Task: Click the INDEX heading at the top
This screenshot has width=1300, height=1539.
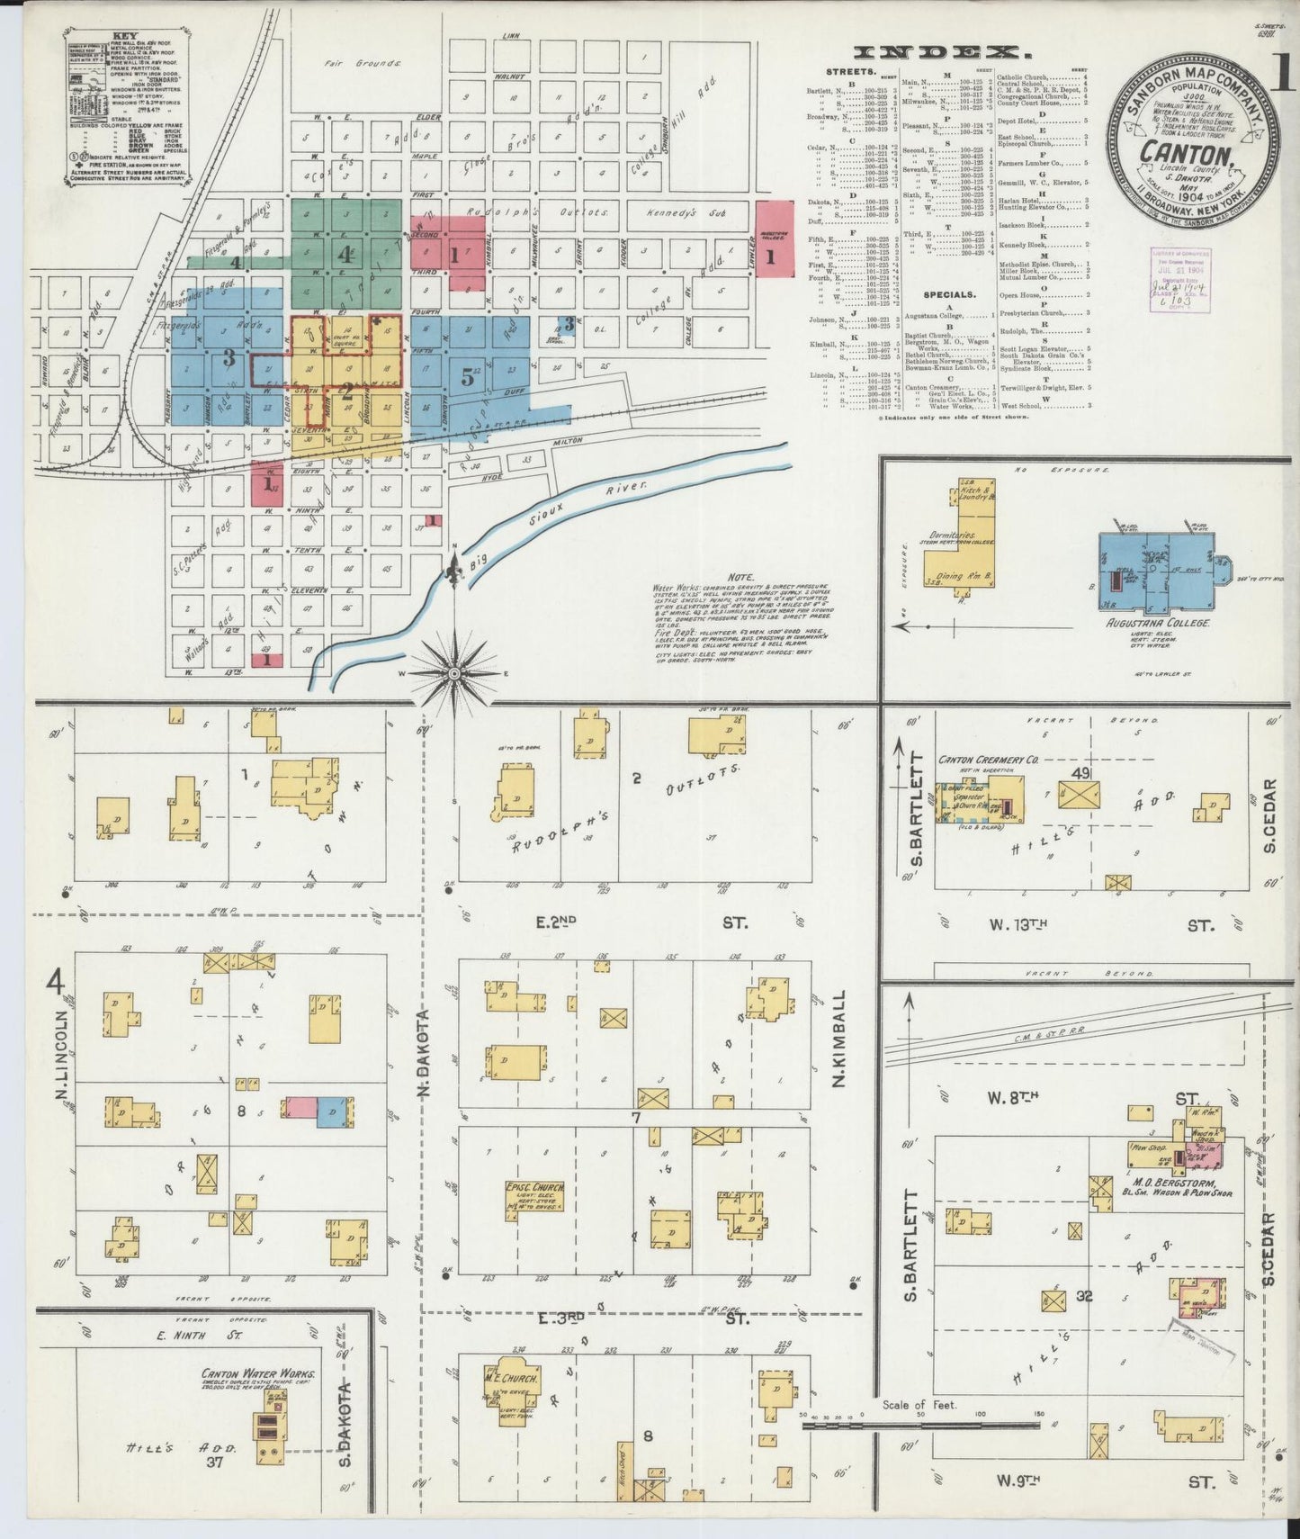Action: point(936,51)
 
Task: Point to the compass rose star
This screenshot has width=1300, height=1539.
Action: point(454,672)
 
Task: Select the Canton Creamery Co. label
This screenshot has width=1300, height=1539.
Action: point(987,760)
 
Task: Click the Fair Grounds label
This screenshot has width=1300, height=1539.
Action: point(363,64)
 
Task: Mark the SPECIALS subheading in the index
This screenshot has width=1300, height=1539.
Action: point(948,293)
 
